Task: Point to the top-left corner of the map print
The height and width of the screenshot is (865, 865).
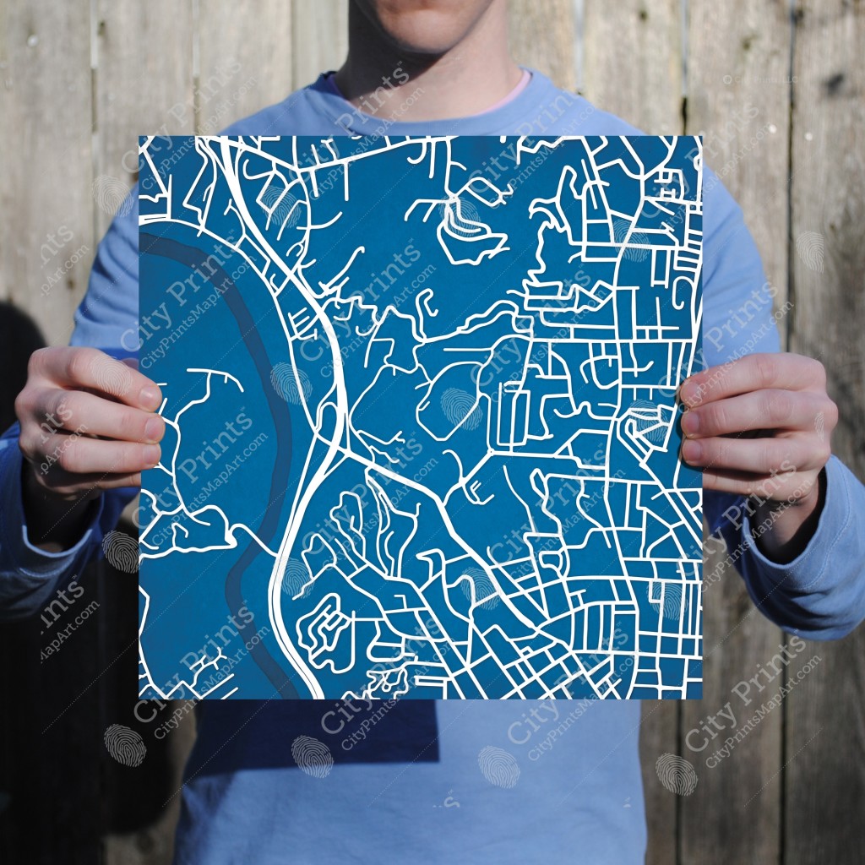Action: [140, 137]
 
